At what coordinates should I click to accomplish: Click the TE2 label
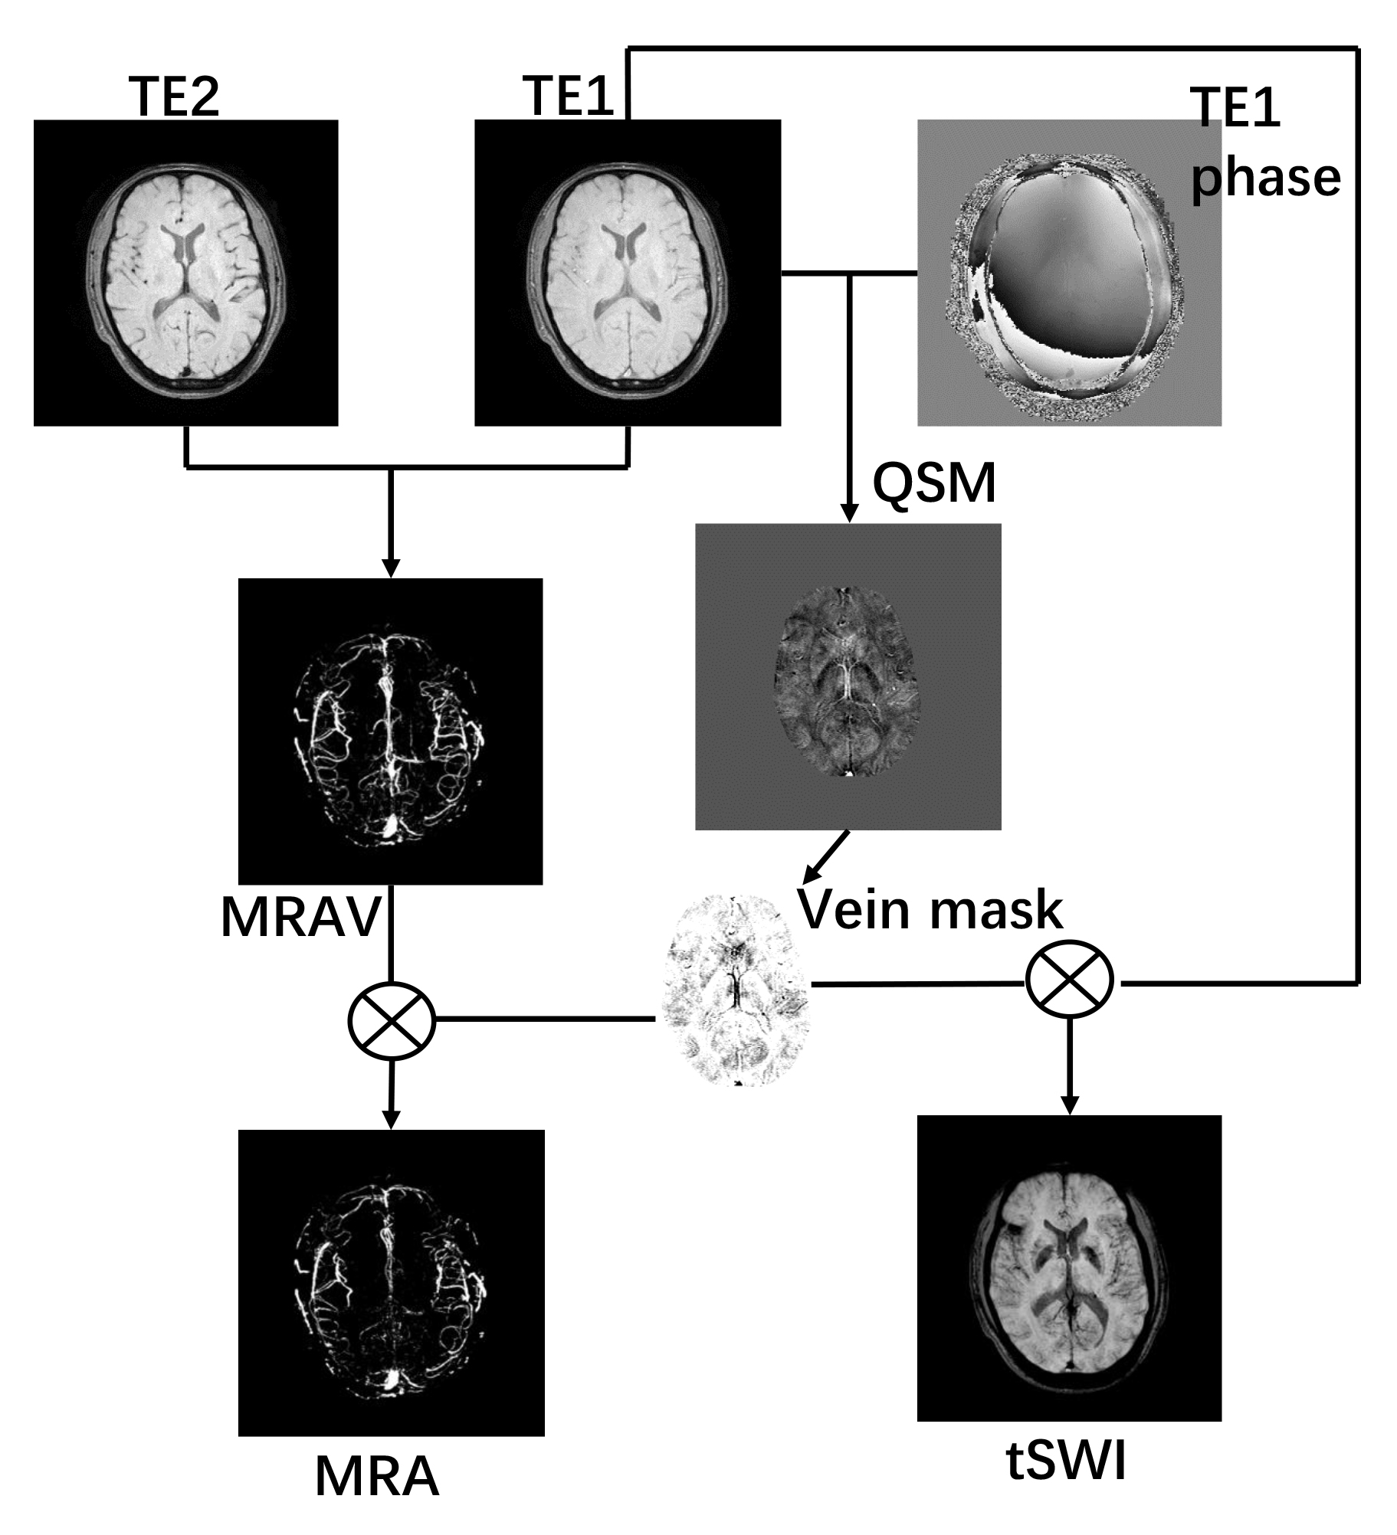177,97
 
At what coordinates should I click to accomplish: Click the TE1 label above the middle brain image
568,96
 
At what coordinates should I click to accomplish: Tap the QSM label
934,483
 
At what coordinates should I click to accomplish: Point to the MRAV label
300,917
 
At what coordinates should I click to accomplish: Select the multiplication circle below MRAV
392,1020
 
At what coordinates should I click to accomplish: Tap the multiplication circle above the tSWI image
1070,982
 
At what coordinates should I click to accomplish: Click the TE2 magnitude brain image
186,273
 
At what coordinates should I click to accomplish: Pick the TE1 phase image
1069,273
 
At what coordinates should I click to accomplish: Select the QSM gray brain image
848,676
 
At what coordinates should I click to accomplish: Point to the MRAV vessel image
391,731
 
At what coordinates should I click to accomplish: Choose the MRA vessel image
391,1282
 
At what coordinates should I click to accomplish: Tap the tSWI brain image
1069,1268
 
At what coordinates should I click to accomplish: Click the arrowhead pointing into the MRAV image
391,570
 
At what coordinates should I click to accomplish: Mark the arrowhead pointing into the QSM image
848,515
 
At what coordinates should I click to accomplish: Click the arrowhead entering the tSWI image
1070,1106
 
